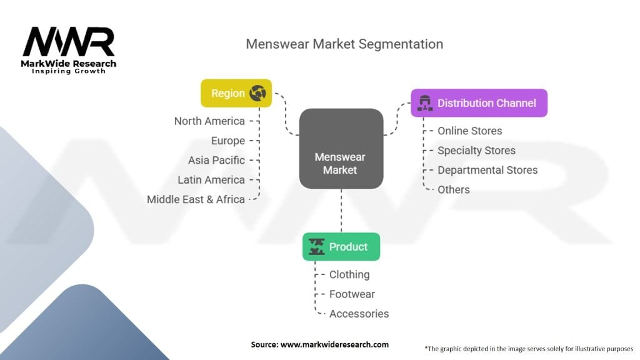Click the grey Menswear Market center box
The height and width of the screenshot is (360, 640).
[341, 149]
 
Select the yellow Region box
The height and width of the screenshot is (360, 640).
[236, 93]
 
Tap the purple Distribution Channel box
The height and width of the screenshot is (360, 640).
[479, 103]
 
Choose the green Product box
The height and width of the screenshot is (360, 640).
[341, 246]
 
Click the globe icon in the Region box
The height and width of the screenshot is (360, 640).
[258, 93]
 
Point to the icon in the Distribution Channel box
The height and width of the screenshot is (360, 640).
[425, 103]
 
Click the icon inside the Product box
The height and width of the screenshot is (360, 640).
[317, 246]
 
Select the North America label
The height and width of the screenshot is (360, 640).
[209, 121]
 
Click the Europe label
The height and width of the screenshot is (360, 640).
[228, 141]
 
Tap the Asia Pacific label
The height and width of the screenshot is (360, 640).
[216, 161]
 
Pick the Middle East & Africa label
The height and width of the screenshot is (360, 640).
[196, 199]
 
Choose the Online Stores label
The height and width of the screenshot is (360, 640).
[470, 131]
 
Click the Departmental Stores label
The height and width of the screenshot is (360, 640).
[487, 170]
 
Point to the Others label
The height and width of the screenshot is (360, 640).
[454, 190]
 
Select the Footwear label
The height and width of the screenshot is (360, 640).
[352, 294]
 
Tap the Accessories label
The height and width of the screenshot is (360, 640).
[359, 314]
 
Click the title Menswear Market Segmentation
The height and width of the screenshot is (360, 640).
[344, 44]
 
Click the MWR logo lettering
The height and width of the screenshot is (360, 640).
[69, 42]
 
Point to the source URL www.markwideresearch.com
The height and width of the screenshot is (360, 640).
[335, 344]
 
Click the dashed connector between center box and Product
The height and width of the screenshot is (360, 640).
[341, 211]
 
